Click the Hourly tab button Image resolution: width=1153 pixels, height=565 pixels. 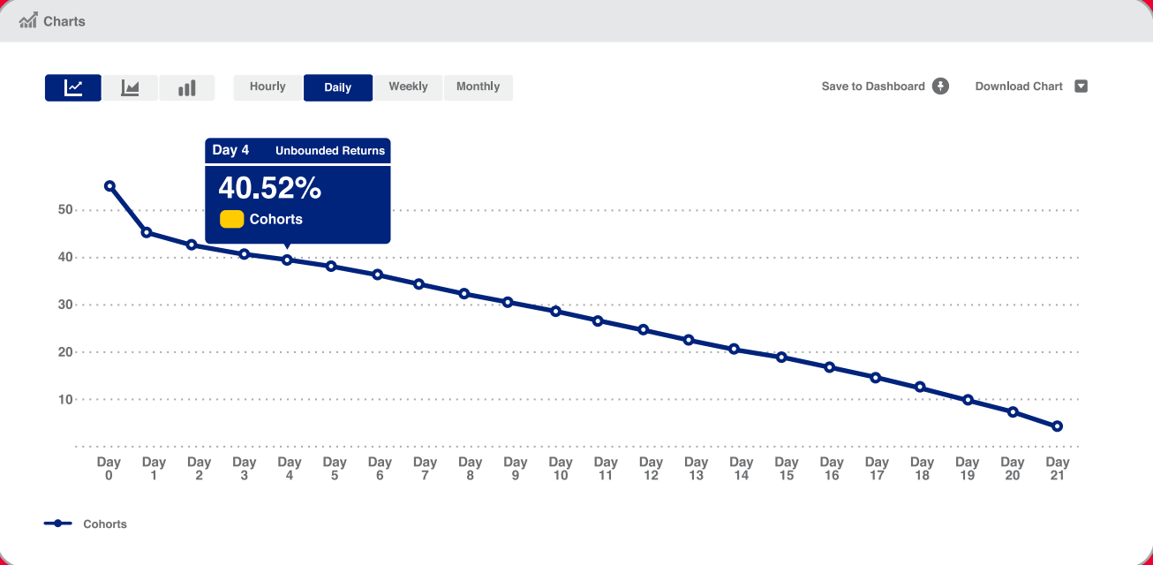(268, 87)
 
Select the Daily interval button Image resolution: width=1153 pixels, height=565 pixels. (338, 87)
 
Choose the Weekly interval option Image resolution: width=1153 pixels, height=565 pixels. (408, 87)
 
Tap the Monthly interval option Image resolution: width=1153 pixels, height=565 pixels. (478, 87)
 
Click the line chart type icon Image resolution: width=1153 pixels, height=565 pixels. (73, 87)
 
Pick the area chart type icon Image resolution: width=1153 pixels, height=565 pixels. (130, 87)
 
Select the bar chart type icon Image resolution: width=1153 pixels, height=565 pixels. (186, 87)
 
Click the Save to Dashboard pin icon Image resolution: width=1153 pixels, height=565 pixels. (941, 87)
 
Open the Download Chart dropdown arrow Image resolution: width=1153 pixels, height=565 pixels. (1081, 87)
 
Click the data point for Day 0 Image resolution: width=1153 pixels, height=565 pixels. (109, 186)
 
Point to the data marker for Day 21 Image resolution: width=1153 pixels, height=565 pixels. (1057, 426)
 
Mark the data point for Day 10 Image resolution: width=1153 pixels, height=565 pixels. (556, 311)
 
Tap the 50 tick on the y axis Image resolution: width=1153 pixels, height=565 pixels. (64, 210)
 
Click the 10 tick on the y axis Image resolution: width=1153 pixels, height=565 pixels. (64, 400)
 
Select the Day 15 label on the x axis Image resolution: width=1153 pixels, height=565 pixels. (786, 469)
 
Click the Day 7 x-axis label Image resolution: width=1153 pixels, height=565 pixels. (425, 469)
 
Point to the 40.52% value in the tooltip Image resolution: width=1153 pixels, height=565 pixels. (270, 188)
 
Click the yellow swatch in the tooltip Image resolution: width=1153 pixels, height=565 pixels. (231, 219)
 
